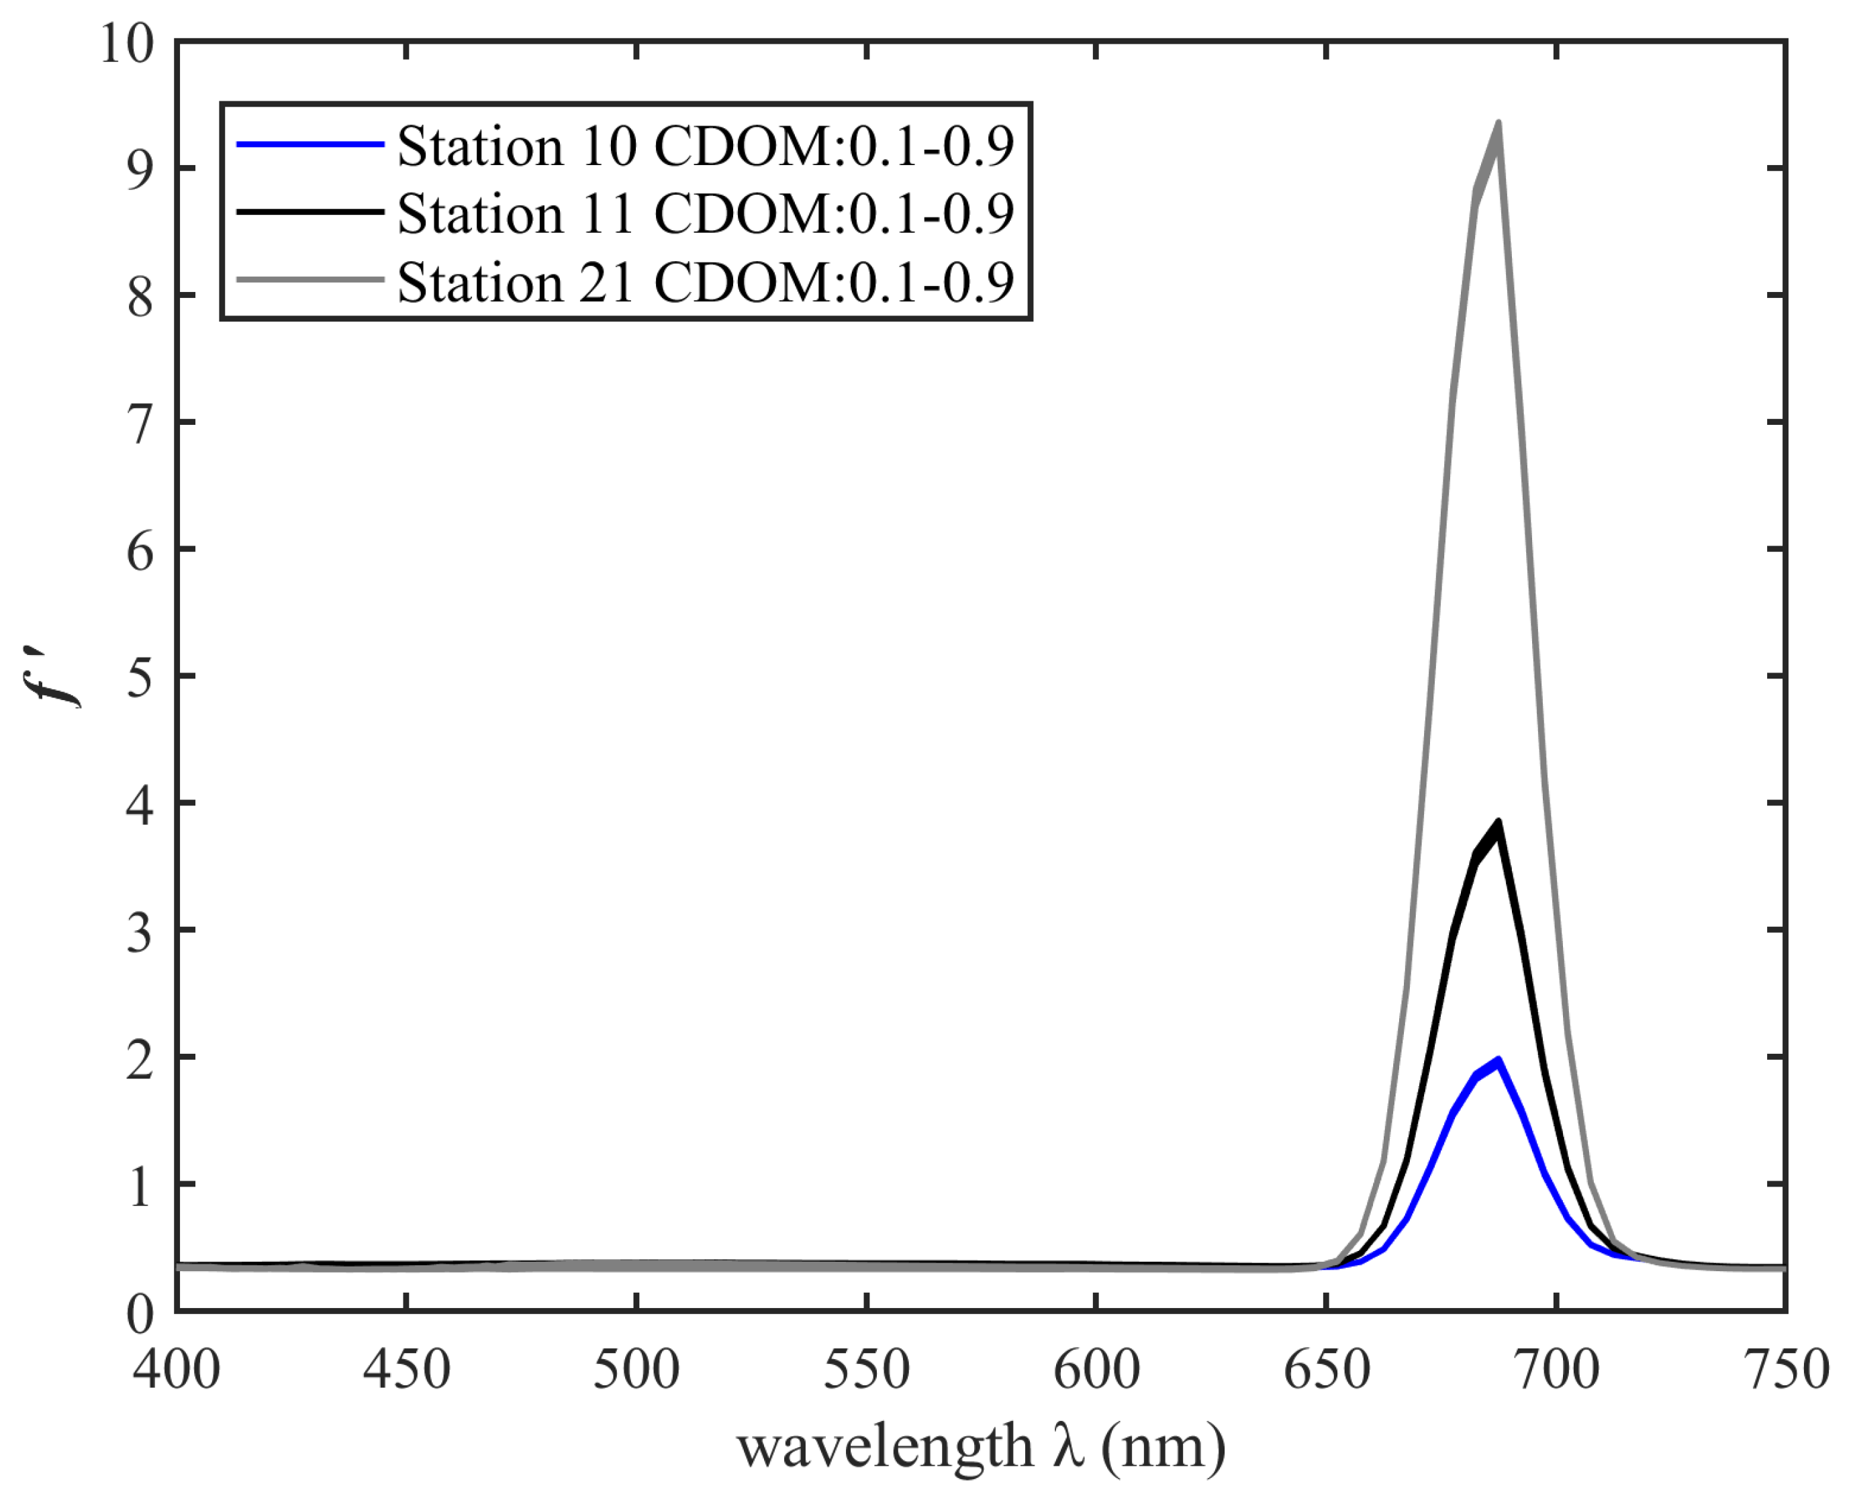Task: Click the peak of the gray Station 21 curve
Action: (1499, 125)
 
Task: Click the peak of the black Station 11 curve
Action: (1499, 823)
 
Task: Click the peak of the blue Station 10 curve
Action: (1499, 1060)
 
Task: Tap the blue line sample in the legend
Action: (310, 144)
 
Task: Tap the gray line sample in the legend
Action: (310, 280)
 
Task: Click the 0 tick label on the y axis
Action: (140, 1314)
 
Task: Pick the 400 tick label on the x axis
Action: (177, 1369)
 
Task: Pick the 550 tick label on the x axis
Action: (866, 1369)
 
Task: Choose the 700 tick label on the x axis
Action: (1557, 1369)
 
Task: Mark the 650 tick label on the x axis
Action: (1326, 1369)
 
